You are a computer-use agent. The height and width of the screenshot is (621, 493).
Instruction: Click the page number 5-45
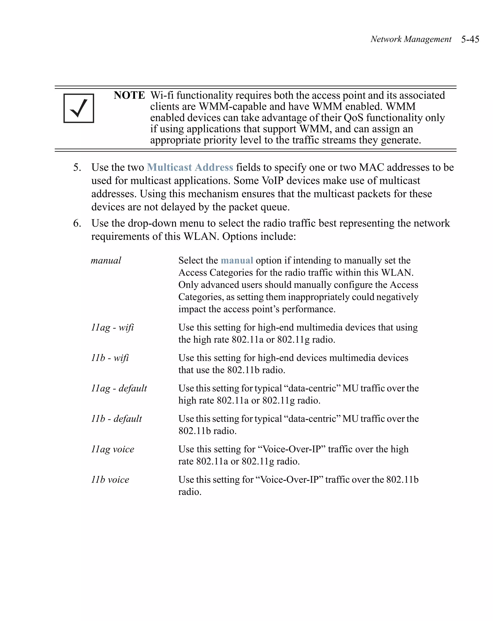click(470, 39)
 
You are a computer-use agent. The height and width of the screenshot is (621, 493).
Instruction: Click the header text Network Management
click(411, 39)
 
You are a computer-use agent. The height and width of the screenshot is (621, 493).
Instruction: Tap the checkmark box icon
click(79, 108)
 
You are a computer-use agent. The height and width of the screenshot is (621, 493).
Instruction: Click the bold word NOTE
click(129, 95)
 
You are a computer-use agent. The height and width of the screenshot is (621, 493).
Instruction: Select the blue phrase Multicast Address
click(190, 167)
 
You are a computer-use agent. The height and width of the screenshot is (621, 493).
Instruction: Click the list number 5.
click(77, 167)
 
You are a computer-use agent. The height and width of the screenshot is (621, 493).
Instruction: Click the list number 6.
click(77, 223)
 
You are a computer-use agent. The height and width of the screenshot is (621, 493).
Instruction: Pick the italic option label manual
click(106, 260)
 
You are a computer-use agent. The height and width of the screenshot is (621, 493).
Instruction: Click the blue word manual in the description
click(237, 260)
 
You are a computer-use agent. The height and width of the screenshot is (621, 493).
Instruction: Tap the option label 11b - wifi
click(110, 358)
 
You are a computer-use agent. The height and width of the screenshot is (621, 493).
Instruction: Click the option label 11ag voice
click(113, 449)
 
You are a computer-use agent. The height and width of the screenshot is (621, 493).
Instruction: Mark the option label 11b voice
click(110, 480)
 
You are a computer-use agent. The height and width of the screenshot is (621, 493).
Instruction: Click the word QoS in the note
click(353, 118)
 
